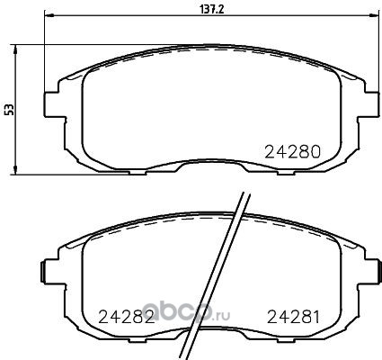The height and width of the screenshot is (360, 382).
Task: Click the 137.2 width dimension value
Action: point(212,10)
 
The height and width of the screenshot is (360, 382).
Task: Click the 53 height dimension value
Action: point(10,110)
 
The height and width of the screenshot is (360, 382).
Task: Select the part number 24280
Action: point(293,152)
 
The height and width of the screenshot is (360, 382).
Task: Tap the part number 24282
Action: point(127,317)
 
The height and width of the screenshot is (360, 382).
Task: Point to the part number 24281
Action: point(293,317)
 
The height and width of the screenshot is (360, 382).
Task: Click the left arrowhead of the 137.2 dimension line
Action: point(49,15)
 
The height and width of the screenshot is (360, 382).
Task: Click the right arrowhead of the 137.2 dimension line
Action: point(374,15)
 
